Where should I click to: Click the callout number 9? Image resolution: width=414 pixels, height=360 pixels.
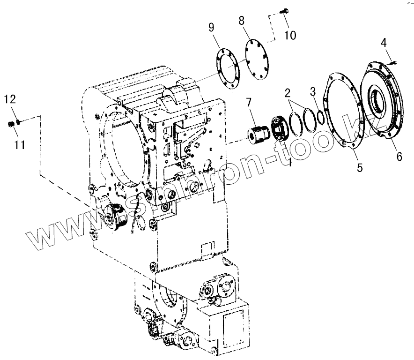[212, 28]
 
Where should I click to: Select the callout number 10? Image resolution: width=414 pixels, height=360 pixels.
[290, 35]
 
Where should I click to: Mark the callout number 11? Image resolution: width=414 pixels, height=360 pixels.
[19, 146]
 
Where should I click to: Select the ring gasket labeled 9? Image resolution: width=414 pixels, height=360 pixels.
[228, 70]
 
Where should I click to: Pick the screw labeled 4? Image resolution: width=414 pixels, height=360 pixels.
[392, 61]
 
